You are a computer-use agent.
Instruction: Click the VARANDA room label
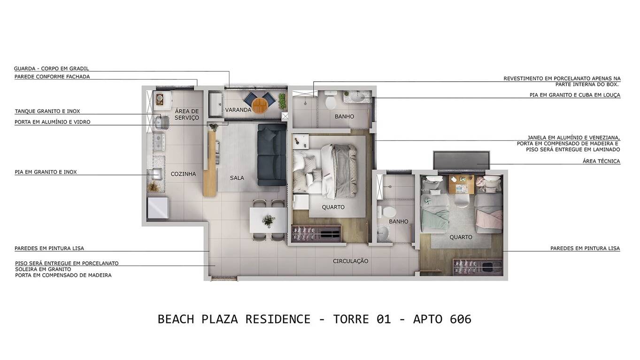point(238,110)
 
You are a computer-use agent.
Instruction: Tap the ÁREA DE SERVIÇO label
point(187,115)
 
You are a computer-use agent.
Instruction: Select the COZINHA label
point(183,174)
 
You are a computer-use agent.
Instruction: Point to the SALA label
point(237,178)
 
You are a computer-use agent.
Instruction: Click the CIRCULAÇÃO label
point(350,261)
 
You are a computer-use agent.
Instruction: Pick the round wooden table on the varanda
point(259,105)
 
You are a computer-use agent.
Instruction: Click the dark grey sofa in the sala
point(272,155)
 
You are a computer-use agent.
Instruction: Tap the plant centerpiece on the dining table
point(269,220)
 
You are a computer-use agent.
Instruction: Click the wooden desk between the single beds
point(461,185)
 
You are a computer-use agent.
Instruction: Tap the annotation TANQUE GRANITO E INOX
point(47,112)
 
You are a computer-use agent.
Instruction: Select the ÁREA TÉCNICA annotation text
point(601,161)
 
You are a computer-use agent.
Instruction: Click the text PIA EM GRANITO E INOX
point(46,172)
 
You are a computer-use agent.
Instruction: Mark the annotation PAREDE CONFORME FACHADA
point(52,77)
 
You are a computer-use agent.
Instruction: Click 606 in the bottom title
point(460,319)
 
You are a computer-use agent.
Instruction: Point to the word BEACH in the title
point(176,319)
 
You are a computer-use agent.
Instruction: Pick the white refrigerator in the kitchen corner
point(158,207)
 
